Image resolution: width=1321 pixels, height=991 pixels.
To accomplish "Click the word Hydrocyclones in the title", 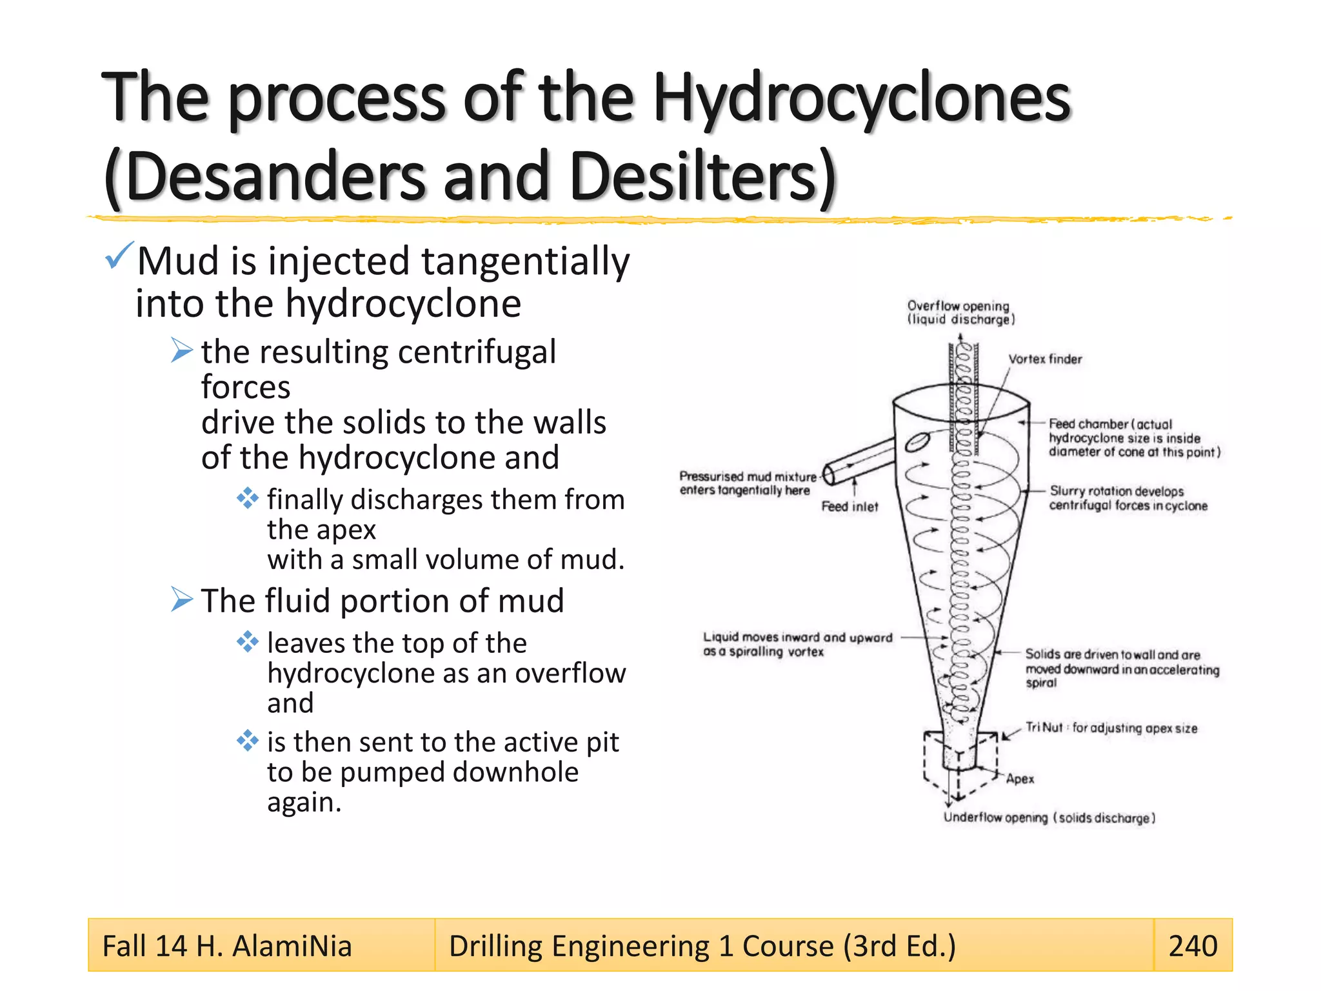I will pyautogui.click(x=861, y=98).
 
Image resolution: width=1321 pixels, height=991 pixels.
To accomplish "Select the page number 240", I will pyautogui.click(x=1193, y=946).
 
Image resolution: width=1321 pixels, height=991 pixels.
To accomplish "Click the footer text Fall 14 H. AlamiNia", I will pyautogui.click(x=227, y=946).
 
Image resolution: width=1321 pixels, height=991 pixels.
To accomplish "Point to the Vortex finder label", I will pyautogui.click(x=1045, y=359).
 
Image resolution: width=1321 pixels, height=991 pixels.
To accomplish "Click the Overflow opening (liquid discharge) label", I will pyautogui.click(x=960, y=312).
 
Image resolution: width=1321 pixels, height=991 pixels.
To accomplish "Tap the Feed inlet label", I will pyautogui.click(x=849, y=507).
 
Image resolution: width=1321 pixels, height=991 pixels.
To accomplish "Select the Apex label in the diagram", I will pyautogui.click(x=1020, y=779).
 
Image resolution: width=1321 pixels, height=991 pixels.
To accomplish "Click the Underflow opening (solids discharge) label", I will pyautogui.click(x=1049, y=818).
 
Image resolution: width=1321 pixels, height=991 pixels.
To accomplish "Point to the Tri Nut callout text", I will pyautogui.click(x=1111, y=728).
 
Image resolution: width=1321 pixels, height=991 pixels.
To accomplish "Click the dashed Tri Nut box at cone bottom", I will pyautogui.click(x=960, y=758).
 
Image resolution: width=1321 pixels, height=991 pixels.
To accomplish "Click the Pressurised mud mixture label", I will pyautogui.click(x=747, y=483).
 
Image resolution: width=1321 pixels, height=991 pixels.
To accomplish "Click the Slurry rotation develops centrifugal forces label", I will pyautogui.click(x=1127, y=498).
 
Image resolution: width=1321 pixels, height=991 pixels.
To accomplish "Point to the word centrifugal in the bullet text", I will pyautogui.click(x=477, y=352).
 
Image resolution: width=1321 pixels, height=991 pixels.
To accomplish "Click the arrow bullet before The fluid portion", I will pyautogui.click(x=181, y=600).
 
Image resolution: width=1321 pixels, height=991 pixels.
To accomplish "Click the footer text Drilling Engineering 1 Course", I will pyautogui.click(x=702, y=946).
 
